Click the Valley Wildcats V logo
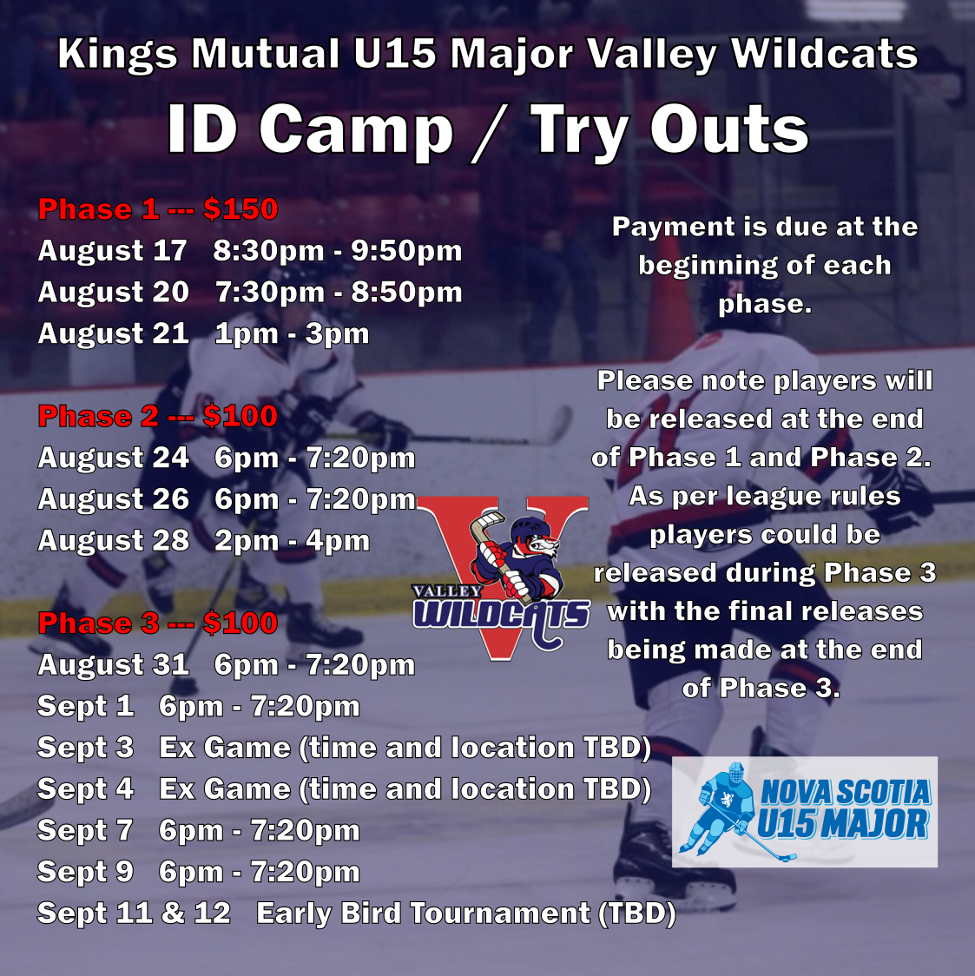point(502,577)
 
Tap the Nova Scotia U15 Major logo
point(805,812)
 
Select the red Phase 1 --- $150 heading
point(158,209)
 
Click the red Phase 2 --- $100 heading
point(158,417)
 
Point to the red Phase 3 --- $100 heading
point(158,623)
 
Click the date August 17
point(113,251)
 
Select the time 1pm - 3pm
point(292,333)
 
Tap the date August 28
point(113,540)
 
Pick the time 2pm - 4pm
point(292,541)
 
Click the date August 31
point(113,665)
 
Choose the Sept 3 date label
point(85,748)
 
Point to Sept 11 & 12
point(134,913)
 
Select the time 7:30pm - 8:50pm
point(339,293)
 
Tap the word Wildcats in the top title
point(825,54)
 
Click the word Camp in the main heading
point(356,130)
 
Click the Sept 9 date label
point(85,872)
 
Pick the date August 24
point(113,458)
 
